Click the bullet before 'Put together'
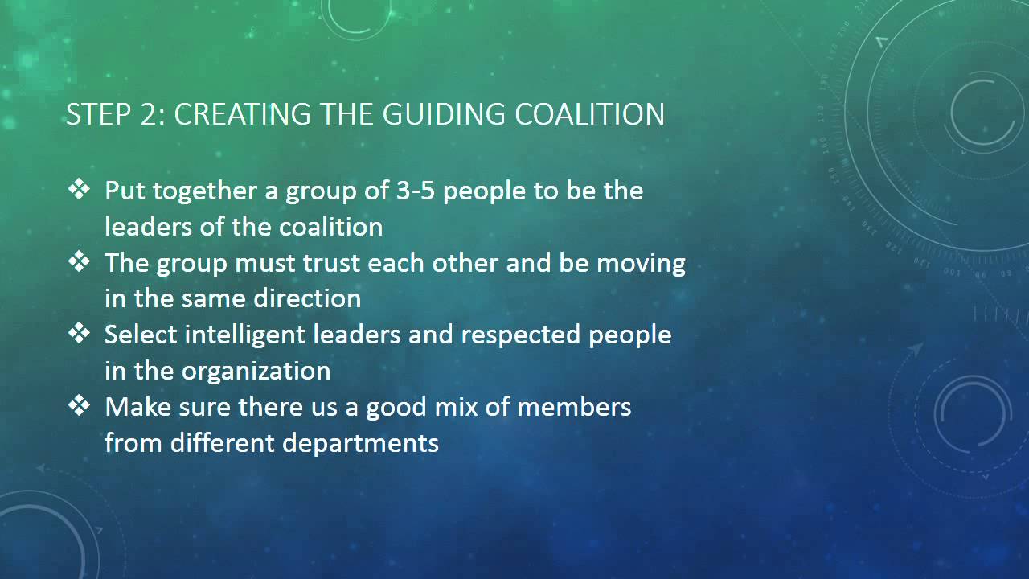click(x=80, y=191)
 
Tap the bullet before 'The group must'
click(x=80, y=262)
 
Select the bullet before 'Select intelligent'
click(x=80, y=334)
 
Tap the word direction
click(x=307, y=299)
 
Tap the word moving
click(x=641, y=264)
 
